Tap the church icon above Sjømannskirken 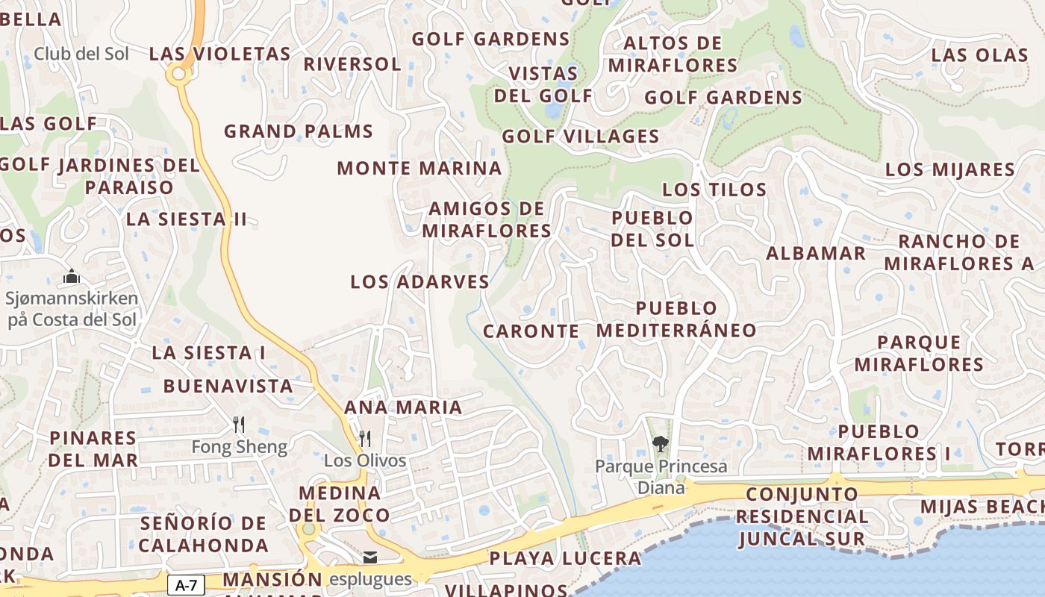[x=72, y=277]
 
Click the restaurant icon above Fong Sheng [x=239, y=425]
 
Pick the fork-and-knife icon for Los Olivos [x=364, y=438]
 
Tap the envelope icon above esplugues [x=370, y=557]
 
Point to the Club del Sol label [x=81, y=54]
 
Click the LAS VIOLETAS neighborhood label [x=219, y=54]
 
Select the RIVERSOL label [x=352, y=64]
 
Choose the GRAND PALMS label [x=299, y=131]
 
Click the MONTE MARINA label [x=419, y=168]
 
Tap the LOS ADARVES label [x=419, y=282]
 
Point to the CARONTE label [x=531, y=331]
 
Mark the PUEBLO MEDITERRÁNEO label [x=676, y=319]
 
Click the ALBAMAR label [x=816, y=253]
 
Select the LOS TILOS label [x=714, y=190]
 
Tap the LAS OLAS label [x=979, y=55]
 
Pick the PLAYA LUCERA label [x=565, y=558]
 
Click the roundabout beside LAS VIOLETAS [x=178, y=73]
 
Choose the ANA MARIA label [x=403, y=407]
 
